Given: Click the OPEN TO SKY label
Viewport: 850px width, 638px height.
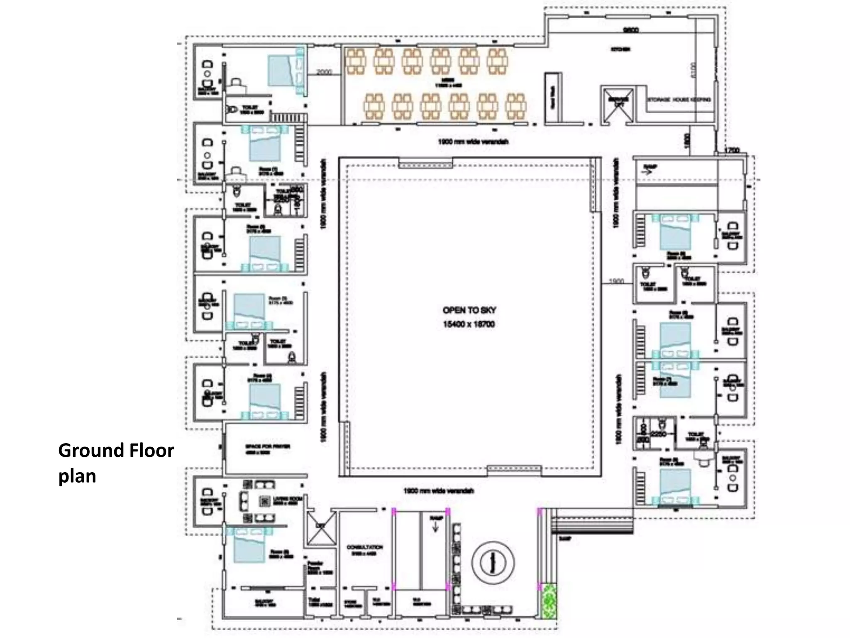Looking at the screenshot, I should (469, 310).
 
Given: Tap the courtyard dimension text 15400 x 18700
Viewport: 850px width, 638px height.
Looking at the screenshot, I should (469, 324).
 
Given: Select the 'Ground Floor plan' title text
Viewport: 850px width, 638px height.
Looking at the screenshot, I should (116, 463).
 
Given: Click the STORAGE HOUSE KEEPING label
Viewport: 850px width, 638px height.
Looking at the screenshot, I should (679, 100).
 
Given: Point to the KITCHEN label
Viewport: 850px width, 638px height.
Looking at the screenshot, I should (620, 49).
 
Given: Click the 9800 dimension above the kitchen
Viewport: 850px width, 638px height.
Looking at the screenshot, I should (631, 30).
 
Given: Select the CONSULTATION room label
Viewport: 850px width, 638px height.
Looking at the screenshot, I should (365, 547).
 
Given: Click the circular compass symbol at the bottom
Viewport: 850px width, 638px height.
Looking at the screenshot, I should (493, 563).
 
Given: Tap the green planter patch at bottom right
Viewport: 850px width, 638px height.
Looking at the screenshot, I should (549, 601).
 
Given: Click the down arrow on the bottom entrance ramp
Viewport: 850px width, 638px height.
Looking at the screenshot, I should (435, 526).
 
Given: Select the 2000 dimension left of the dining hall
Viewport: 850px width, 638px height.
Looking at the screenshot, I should (324, 72).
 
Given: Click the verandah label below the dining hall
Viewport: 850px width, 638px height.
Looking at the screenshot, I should (473, 142).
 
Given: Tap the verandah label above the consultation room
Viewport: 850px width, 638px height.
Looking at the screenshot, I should (438, 491).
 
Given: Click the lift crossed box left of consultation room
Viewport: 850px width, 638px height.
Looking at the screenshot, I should (321, 528).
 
